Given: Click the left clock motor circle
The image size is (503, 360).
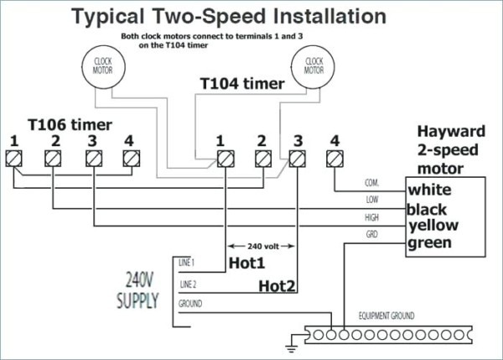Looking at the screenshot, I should (103, 65).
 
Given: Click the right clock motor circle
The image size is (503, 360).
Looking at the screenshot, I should (314, 65).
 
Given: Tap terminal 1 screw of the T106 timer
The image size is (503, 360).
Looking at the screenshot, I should (14, 158).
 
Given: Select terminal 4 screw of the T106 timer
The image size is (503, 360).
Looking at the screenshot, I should (129, 158).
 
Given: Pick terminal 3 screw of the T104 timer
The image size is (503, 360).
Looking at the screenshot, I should (298, 158).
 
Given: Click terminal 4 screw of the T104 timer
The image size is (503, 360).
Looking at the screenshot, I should (335, 158).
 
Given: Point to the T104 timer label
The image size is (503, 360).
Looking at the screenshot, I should (241, 85).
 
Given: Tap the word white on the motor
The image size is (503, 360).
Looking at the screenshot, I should (430, 190).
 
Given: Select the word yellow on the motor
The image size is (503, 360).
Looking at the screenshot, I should (434, 226).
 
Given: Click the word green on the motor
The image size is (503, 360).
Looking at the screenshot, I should (430, 243).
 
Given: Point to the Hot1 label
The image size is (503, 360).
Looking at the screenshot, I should (246, 263).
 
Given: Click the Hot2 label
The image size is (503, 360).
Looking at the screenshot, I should (277, 286).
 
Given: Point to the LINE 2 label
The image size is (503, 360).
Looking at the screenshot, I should (188, 284).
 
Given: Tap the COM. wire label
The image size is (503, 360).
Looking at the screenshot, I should (372, 182).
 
